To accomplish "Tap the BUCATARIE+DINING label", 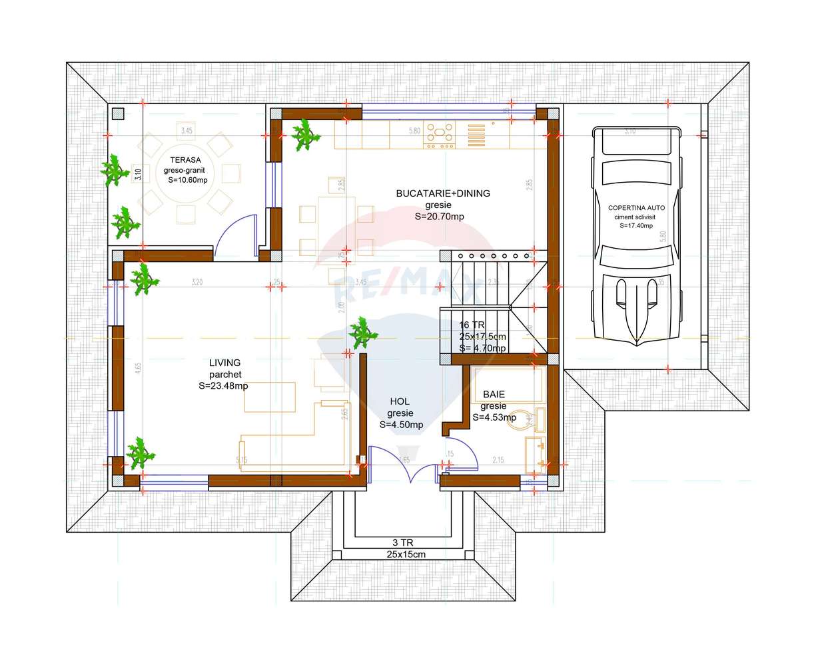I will pyautogui.click(x=442, y=193).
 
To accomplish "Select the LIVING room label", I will pyautogui.click(x=224, y=363).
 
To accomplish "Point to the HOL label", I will pyautogui.click(x=400, y=401).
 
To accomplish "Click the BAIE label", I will pyautogui.click(x=494, y=395).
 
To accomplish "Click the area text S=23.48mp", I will pyautogui.click(x=223, y=386).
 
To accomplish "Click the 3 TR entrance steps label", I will pyautogui.click(x=406, y=542).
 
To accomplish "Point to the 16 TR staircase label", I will pyautogui.click(x=472, y=325).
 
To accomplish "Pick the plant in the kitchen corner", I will pyautogui.click(x=306, y=135).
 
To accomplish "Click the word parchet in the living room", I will pyautogui.click(x=224, y=374).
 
